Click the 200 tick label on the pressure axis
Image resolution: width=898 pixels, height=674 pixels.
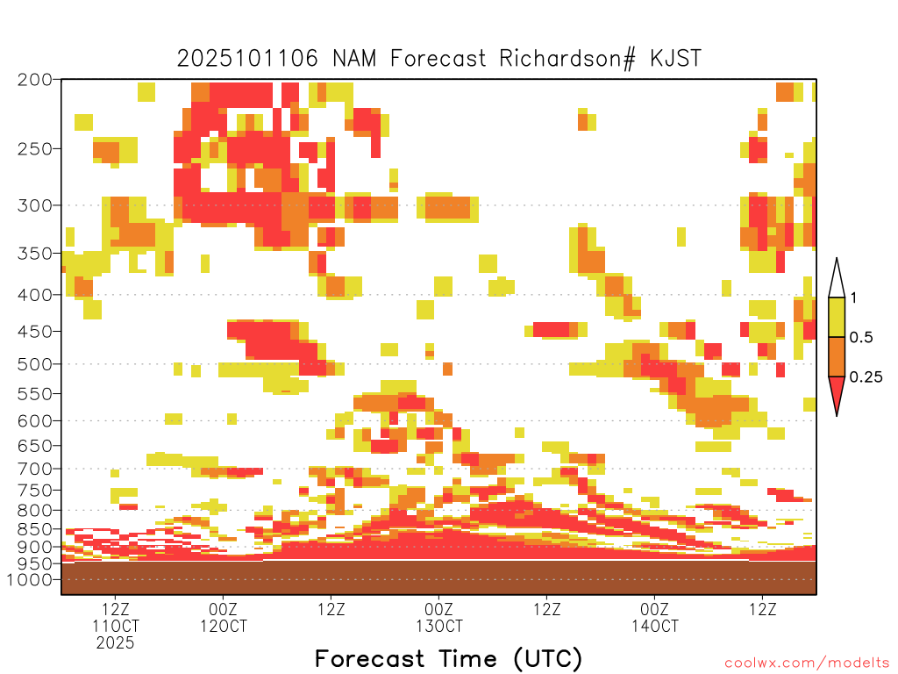coord(34,80)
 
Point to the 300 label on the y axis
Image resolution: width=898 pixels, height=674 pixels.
coord(34,205)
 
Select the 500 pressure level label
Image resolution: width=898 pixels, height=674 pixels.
coord(34,364)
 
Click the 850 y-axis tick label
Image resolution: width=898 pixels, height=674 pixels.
coord(34,529)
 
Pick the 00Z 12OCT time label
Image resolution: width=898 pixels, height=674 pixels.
coord(224,617)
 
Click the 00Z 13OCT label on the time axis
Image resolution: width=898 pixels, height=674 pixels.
coord(439,617)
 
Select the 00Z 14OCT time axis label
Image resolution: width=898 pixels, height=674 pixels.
coord(654,617)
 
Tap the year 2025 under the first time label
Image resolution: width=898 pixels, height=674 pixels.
coord(115,643)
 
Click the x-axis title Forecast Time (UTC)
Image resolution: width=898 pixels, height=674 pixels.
coord(448,659)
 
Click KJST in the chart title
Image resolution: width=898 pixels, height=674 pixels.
coord(676,59)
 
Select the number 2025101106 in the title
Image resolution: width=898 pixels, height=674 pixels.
coord(246,59)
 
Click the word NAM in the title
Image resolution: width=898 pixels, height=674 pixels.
coord(354,59)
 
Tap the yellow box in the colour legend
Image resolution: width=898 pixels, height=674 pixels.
coord(837,317)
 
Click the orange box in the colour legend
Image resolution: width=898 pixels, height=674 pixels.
coord(837,356)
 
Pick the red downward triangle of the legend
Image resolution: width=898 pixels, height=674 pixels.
coord(837,393)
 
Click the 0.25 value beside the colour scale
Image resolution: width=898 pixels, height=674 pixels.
coord(866,377)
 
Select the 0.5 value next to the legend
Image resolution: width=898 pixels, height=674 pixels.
coord(861,338)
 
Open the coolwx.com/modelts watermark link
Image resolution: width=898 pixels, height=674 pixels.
coord(807,663)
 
